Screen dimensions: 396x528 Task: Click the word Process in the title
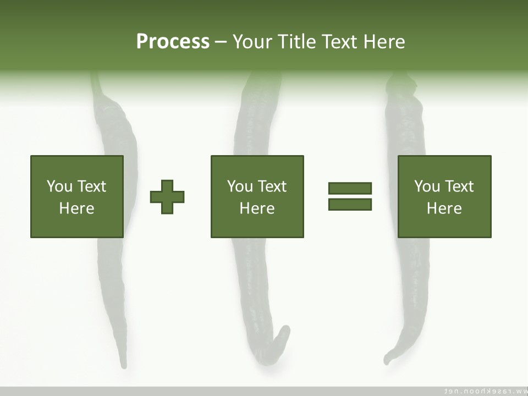click(x=173, y=42)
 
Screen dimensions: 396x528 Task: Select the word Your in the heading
click(x=253, y=42)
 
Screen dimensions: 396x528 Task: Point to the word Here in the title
click(x=384, y=42)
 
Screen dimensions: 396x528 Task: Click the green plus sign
click(x=167, y=197)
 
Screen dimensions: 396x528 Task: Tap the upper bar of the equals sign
click(x=350, y=189)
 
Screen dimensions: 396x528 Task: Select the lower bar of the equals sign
click(x=350, y=204)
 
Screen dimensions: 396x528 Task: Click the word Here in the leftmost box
click(x=76, y=208)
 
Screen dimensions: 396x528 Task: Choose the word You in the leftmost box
click(x=59, y=186)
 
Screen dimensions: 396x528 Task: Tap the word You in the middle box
click(x=240, y=186)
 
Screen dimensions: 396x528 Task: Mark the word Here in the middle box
click(x=257, y=208)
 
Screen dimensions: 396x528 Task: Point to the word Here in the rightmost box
click(x=444, y=208)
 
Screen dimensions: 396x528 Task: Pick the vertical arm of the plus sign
click(x=167, y=187)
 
